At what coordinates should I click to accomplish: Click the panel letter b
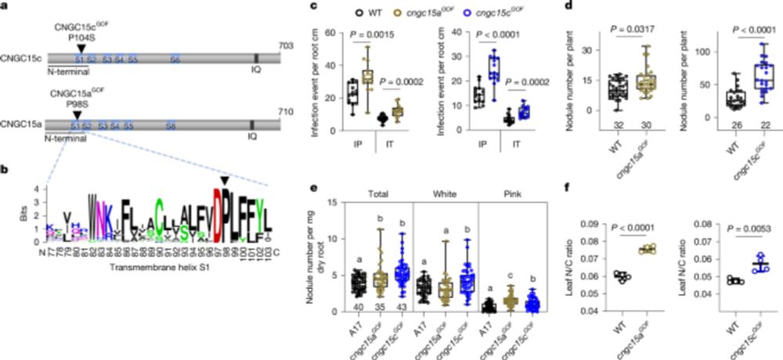(x=5, y=167)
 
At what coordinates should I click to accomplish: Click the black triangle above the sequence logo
(x=226, y=181)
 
